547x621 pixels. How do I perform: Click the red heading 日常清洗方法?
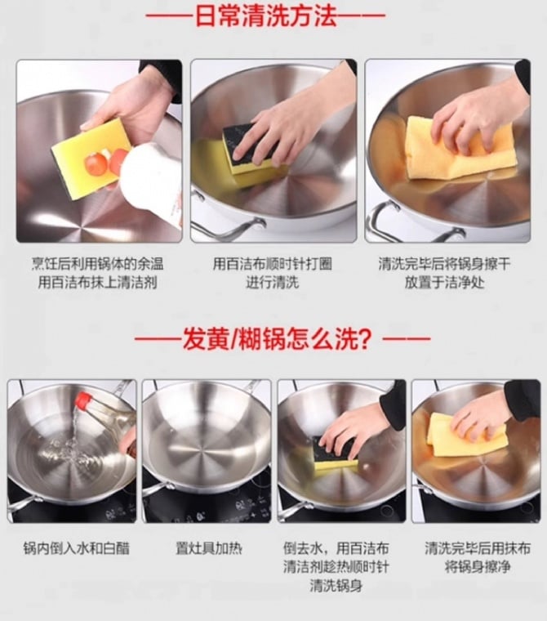tap(266, 16)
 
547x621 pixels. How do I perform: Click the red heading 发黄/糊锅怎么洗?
tap(277, 338)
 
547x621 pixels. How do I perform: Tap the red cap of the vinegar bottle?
tap(83, 400)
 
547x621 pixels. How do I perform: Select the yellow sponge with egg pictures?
tap(91, 152)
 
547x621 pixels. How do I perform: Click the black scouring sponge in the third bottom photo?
tap(335, 453)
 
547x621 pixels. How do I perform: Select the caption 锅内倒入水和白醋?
tap(77, 548)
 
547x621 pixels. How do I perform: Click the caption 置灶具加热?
tap(208, 548)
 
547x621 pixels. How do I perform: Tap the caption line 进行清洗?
tap(273, 283)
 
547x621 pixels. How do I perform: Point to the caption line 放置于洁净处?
tap(444, 283)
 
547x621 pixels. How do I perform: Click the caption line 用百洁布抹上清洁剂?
tap(97, 283)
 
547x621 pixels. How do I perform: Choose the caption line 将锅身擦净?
tap(478, 567)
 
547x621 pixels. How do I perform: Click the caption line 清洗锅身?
tap(336, 585)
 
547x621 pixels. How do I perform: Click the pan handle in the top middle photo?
tap(221, 221)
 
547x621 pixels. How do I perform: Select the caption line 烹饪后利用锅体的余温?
tap(97, 264)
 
